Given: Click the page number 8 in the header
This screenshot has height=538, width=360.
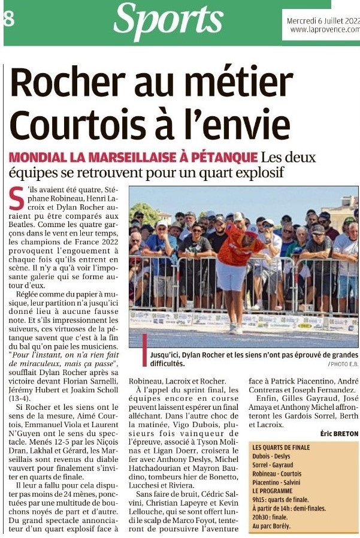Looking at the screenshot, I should coord(8,18).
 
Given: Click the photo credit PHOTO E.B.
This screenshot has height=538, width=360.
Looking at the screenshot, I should coord(343,364).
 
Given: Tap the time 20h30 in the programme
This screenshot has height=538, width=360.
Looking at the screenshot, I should coord(262,517).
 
